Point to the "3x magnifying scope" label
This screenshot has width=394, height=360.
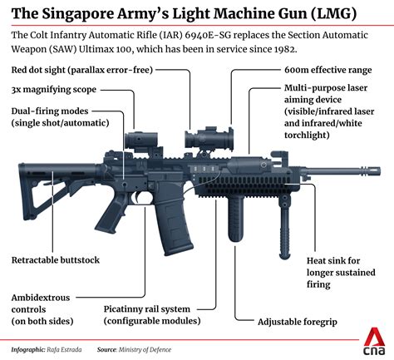click(53, 89)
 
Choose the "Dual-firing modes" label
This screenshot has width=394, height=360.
click(52, 116)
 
